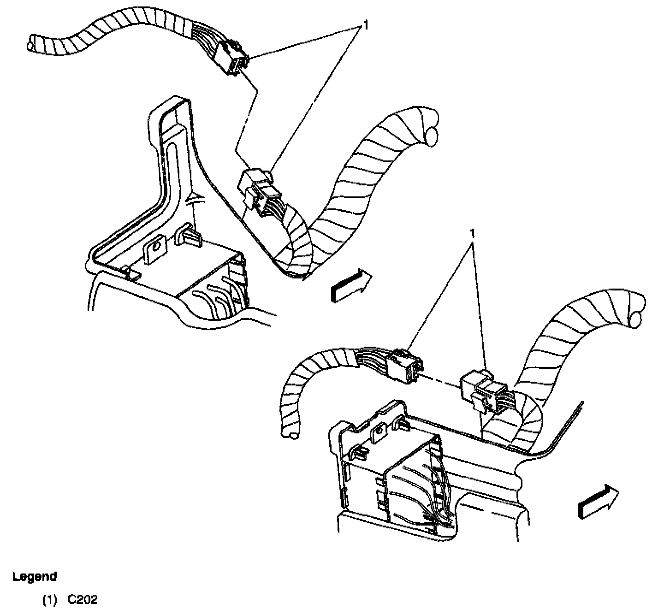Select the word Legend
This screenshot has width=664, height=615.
click(x=35, y=576)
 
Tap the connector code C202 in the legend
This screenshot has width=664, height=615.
click(x=83, y=600)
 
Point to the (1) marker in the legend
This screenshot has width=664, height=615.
click(x=49, y=600)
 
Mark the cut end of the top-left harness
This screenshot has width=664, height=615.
click(x=31, y=45)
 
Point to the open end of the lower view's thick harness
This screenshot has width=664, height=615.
click(x=639, y=318)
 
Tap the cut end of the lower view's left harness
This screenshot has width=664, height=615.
click(x=291, y=433)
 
